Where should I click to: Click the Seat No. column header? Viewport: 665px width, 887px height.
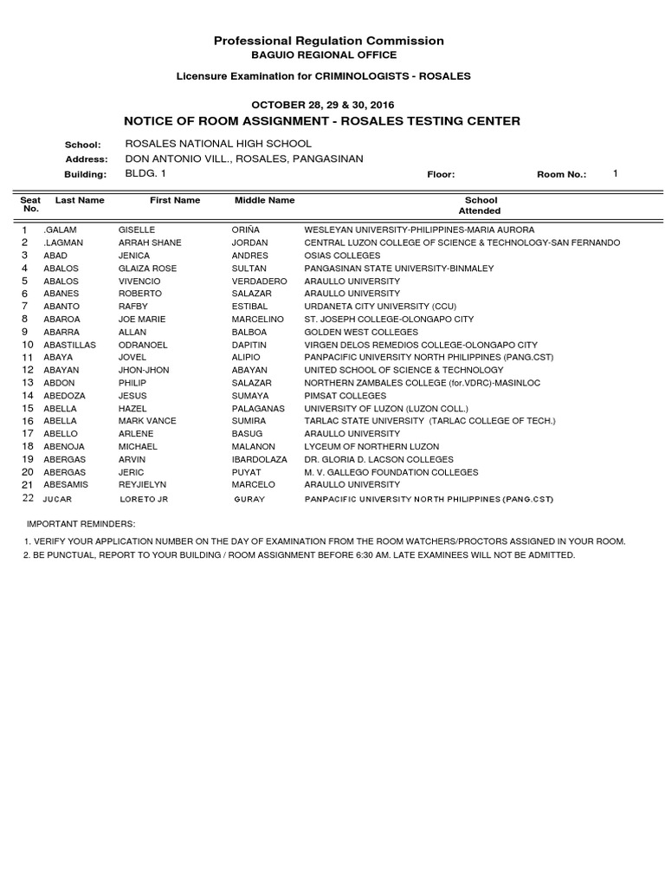point(30,204)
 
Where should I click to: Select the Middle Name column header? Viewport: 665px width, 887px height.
point(264,200)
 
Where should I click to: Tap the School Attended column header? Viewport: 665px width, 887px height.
point(480,205)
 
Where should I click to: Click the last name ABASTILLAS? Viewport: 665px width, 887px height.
point(68,345)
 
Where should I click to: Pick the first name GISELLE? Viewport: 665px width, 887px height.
point(136,230)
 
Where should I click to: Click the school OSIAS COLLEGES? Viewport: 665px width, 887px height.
point(342,256)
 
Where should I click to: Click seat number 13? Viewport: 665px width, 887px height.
point(27,383)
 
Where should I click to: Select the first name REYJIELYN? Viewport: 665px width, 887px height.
point(142,485)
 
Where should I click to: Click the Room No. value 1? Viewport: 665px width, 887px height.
point(615,174)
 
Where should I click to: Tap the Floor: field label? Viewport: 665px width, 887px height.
point(441,175)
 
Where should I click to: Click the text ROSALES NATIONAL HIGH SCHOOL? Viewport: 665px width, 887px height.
point(218,144)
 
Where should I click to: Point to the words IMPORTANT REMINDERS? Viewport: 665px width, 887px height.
point(81,525)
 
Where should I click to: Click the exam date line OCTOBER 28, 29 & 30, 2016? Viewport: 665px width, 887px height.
point(322,104)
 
